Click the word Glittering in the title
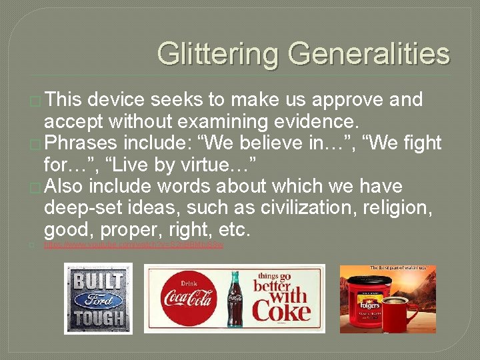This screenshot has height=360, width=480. [213, 53]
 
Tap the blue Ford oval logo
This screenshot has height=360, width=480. [98, 299]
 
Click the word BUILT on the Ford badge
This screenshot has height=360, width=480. [98, 281]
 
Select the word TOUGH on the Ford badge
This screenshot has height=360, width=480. [99, 317]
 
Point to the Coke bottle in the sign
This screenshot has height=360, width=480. [235, 298]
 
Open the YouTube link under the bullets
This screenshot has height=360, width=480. [133, 245]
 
